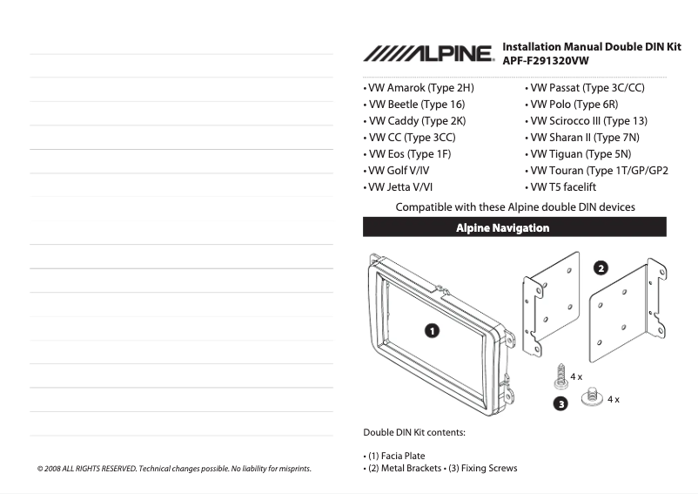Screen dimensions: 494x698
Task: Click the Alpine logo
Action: [428, 54]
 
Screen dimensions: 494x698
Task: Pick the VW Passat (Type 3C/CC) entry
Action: [584, 88]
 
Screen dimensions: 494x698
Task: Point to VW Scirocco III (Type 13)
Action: [587, 121]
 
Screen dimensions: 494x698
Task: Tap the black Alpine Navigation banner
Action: [514, 227]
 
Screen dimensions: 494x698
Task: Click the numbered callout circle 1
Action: [432, 329]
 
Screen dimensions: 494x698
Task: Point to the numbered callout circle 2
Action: [601, 267]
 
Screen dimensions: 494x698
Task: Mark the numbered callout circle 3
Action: [561, 403]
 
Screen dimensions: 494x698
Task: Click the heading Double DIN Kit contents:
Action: [414, 432]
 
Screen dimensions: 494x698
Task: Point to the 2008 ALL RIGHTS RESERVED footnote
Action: [174, 469]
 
